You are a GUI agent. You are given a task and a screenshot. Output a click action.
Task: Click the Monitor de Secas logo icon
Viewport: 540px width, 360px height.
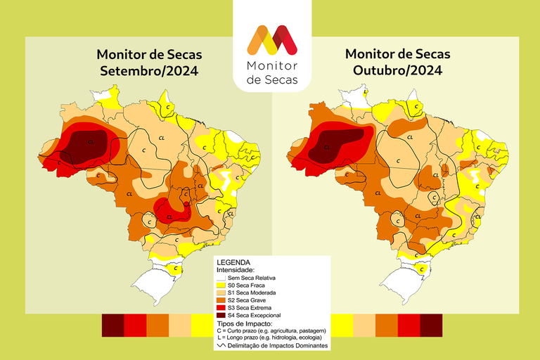pos(271,40)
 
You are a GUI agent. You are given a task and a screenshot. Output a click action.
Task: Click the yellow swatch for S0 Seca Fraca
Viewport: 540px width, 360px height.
pos(221,285)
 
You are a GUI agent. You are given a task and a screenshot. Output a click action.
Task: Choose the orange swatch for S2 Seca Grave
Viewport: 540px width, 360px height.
pos(221,300)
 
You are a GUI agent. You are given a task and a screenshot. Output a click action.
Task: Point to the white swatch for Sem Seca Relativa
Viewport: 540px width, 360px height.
pos(221,278)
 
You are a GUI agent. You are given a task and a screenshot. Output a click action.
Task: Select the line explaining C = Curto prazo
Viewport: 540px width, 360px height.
pos(271,330)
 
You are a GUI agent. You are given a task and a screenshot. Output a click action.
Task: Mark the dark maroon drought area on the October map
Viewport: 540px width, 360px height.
pos(337,144)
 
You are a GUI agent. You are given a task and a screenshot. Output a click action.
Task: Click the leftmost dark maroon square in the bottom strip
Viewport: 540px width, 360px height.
pos(112,326)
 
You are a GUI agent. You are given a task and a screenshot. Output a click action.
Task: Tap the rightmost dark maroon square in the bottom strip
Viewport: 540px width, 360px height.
pos(431,326)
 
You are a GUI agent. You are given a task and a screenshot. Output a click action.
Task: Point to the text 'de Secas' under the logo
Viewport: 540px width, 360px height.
pos(271,80)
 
